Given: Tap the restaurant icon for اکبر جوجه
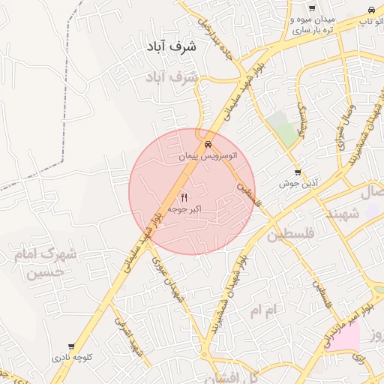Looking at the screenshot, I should click(x=184, y=197).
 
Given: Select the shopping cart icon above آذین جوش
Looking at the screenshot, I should click(x=298, y=172).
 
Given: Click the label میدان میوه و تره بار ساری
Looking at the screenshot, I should click(x=314, y=25).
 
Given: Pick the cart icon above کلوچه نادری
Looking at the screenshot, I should click(x=71, y=347).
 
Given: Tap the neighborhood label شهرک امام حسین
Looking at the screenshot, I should click(x=44, y=263).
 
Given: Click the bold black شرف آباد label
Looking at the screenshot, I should click(x=172, y=46).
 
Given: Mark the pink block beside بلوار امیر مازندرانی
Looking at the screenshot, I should click(x=342, y=338).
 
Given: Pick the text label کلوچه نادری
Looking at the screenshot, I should click(x=72, y=358).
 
